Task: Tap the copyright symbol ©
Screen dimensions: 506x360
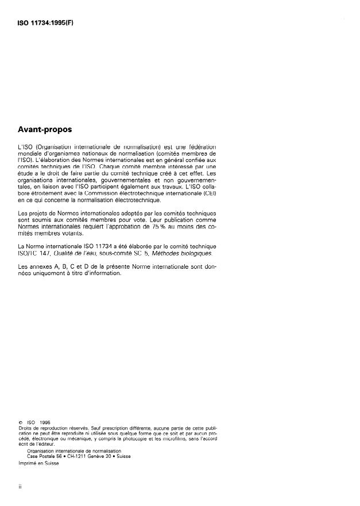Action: click(x=20, y=423)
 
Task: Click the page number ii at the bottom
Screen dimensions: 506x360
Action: click(x=20, y=487)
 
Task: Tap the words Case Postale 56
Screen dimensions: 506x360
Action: click(x=44, y=457)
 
